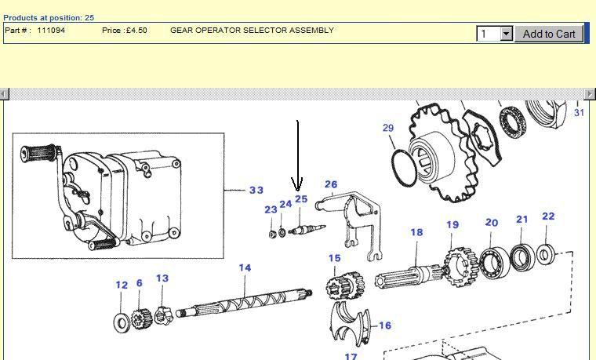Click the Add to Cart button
tap(548, 34)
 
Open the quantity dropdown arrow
tap(506, 34)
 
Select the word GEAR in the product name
tap(182, 31)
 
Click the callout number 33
tap(256, 190)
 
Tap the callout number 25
tap(301, 199)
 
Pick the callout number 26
tap(331, 185)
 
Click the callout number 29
tap(388, 128)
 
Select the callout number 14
tap(245, 268)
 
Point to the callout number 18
tap(416, 232)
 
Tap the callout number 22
tap(548, 216)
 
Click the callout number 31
tap(580, 113)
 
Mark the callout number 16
tap(385, 325)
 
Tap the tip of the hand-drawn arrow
tap(297, 191)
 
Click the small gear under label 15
tap(342, 285)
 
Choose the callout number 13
tap(162, 278)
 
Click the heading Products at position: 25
tap(49, 17)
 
